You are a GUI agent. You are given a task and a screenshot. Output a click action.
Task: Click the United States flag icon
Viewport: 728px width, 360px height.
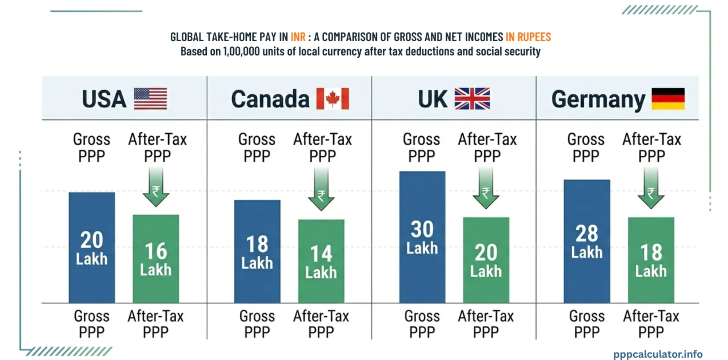pos(150,99)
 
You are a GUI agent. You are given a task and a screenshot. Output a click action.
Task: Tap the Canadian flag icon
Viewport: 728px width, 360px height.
pos(332,99)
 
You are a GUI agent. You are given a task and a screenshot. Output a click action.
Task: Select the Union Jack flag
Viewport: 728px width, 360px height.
pos(472,99)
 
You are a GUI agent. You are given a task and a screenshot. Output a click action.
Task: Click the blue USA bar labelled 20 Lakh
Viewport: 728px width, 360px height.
pos(91,247)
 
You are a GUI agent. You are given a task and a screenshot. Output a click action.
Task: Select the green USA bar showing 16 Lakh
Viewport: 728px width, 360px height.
pos(155,258)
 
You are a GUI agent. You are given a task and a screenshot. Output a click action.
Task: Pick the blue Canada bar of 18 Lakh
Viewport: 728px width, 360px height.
pos(257,251)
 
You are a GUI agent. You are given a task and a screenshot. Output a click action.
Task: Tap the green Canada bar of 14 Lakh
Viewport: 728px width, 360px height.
pos(321,261)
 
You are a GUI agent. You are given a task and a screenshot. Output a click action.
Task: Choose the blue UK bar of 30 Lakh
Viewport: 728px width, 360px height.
pos(422,237)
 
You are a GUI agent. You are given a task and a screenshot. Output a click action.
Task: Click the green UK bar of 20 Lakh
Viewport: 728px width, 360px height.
pos(486,259)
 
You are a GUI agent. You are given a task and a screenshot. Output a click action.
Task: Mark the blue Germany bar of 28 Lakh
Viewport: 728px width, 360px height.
pos(587,241)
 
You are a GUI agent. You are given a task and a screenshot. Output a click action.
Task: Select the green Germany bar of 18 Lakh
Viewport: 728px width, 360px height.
pos(651,259)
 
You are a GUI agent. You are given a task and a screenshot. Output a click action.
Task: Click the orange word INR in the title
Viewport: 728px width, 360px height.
pos(298,37)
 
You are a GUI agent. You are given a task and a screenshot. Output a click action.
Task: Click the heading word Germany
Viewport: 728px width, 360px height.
pos(598,99)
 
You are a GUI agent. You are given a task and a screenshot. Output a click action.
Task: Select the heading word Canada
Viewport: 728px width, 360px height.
pos(270,99)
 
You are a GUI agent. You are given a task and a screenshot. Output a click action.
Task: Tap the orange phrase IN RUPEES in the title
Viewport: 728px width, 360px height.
pos(528,37)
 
